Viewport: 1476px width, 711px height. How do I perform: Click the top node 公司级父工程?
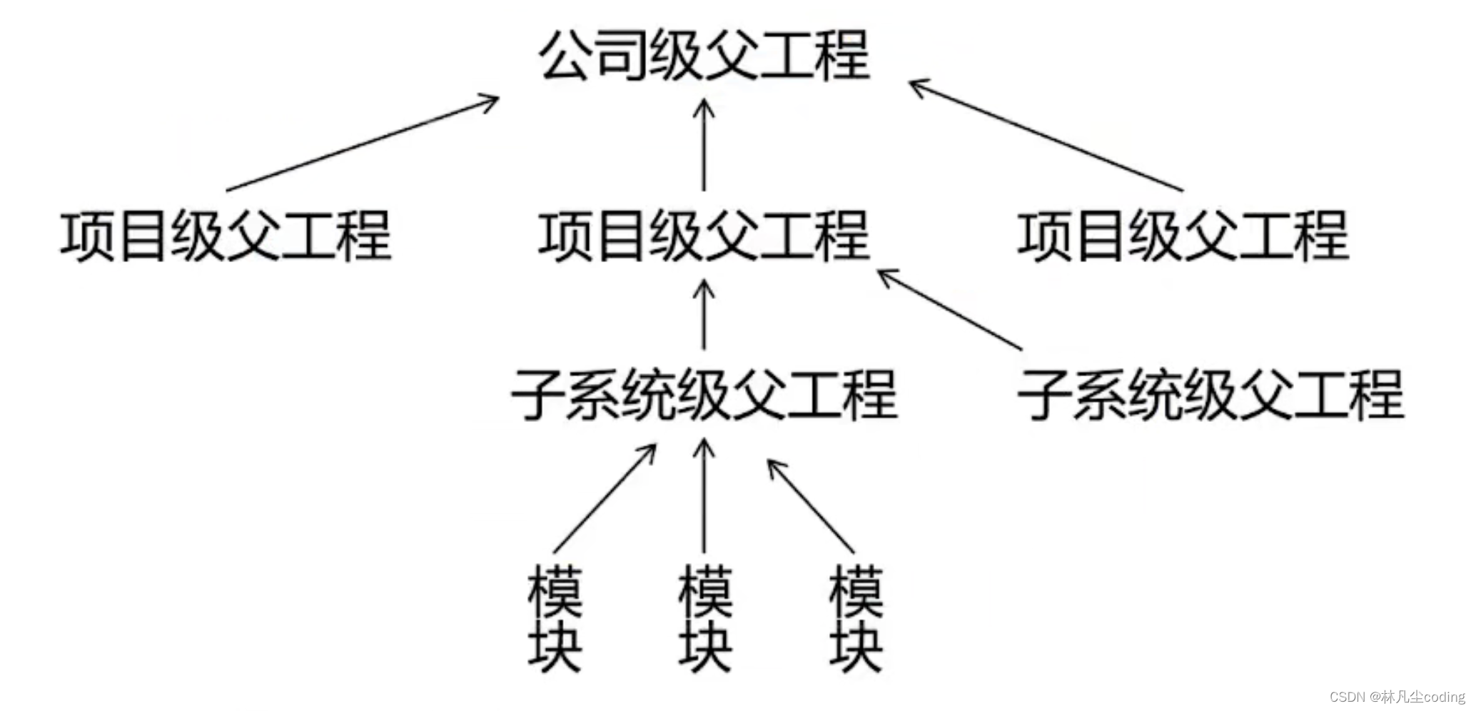click(704, 56)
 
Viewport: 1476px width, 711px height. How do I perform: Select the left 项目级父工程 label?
click(226, 236)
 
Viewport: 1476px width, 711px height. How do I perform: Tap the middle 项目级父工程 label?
click(704, 236)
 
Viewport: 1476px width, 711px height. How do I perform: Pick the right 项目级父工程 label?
click(1183, 236)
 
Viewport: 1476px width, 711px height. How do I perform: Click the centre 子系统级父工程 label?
click(704, 394)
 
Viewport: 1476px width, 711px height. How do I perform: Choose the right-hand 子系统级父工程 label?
click(1210, 394)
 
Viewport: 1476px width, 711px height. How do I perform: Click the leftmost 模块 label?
click(555, 619)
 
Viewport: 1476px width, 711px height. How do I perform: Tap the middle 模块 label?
click(705, 619)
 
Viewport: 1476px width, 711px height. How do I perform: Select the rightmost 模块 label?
click(856, 619)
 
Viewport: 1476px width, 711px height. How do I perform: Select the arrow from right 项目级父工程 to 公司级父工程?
click(1046, 136)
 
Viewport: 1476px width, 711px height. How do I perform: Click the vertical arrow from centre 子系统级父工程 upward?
click(704, 314)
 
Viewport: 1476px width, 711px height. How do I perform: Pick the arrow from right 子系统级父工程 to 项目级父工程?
click(949, 309)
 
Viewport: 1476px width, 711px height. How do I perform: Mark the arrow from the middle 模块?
click(704, 495)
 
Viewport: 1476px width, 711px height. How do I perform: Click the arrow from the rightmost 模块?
click(810, 505)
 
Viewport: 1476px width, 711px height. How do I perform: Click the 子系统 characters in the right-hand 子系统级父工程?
click(1099, 394)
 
